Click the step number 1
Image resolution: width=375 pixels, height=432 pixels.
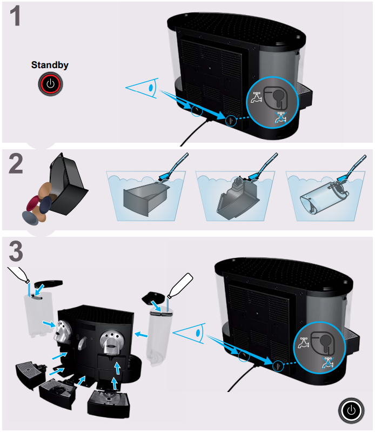pos(17,17)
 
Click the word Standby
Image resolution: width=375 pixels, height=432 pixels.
pos(50,65)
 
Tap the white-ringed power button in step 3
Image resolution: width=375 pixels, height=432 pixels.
pos(352,410)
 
